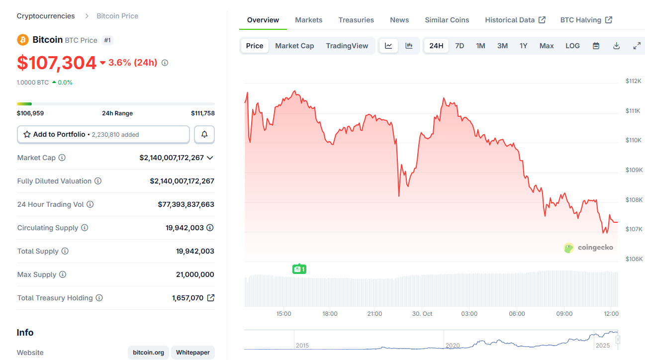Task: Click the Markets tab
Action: point(308,20)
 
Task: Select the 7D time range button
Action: point(460,46)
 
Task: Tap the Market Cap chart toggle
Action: point(294,46)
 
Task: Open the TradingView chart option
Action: point(347,46)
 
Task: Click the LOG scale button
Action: point(572,46)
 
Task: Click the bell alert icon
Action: point(204,134)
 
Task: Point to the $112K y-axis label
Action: point(633,81)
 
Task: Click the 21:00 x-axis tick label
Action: point(374,314)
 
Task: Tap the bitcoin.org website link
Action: point(148,353)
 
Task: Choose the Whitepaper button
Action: point(192,353)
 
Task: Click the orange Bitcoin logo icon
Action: point(23,40)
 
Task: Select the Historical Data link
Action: point(515,20)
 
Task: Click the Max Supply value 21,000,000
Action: point(195,274)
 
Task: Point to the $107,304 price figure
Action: point(57,63)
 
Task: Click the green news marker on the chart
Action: point(299,269)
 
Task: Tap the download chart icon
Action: point(616,46)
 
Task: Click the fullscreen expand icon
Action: point(637,46)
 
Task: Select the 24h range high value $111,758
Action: point(202,113)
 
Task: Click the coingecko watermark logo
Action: point(588,247)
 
